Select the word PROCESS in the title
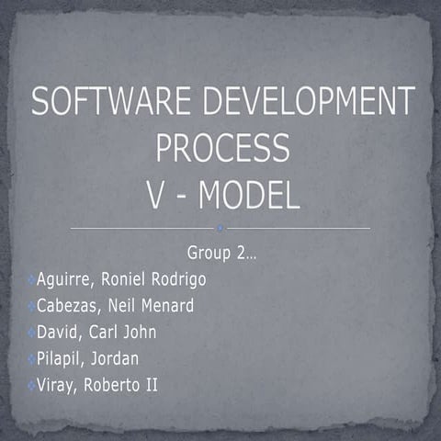tap(221, 148)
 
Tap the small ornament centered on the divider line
tap(220, 228)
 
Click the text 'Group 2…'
tap(221, 253)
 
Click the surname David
tap(59, 333)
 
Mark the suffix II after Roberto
tap(150, 384)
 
